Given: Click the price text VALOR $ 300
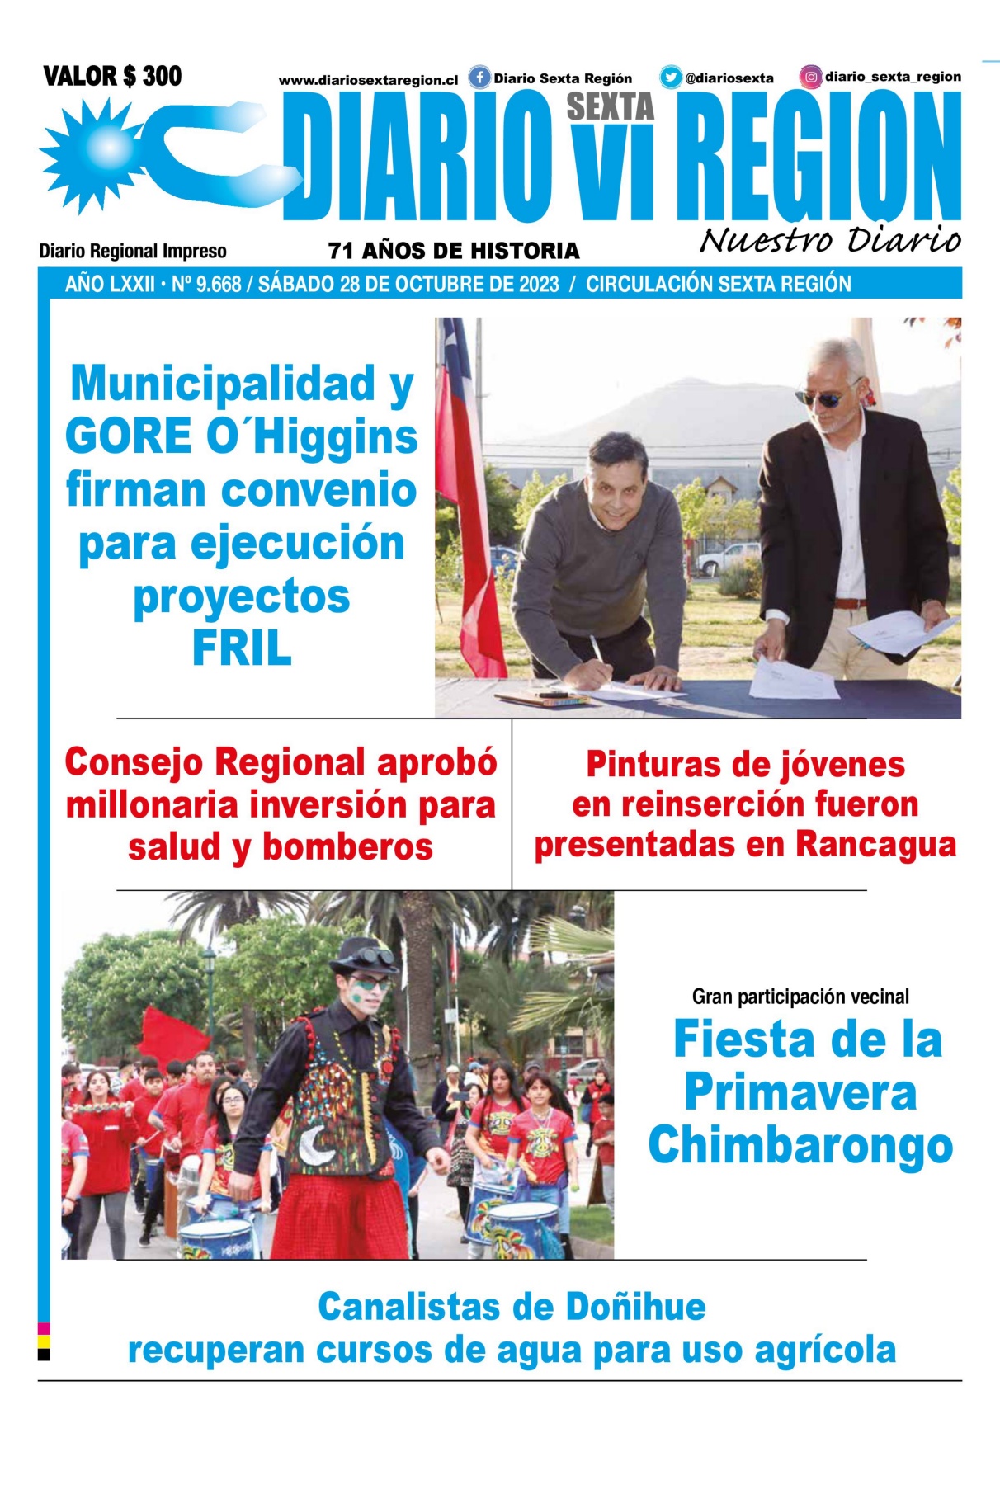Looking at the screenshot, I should click(112, 77).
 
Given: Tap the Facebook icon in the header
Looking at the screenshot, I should click(479, 78).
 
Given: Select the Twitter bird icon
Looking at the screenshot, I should click(670, 78).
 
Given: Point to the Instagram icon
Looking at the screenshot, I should click(811, 78).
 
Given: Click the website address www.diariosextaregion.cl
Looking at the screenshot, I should click(368, 81).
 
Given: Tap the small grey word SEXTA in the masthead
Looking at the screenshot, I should click(610, 107).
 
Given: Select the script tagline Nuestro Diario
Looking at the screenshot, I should click(830, 240).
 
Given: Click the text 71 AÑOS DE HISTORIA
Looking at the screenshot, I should click(454, 251).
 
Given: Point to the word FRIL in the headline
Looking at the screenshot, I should click(242, 649).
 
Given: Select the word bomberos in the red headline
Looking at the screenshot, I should click(347, 847).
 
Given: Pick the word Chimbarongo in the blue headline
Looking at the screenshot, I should click(800, 1146).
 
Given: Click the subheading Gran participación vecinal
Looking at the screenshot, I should click(800, 997).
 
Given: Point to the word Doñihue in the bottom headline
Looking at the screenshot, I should click(635, 1308).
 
